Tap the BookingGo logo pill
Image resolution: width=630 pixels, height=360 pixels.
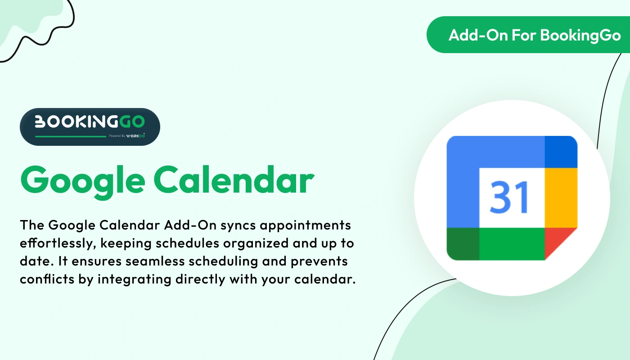[90, 126]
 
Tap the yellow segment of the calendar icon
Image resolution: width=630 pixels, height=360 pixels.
[561, 198]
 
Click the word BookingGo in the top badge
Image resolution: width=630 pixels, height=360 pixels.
[580, 35]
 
